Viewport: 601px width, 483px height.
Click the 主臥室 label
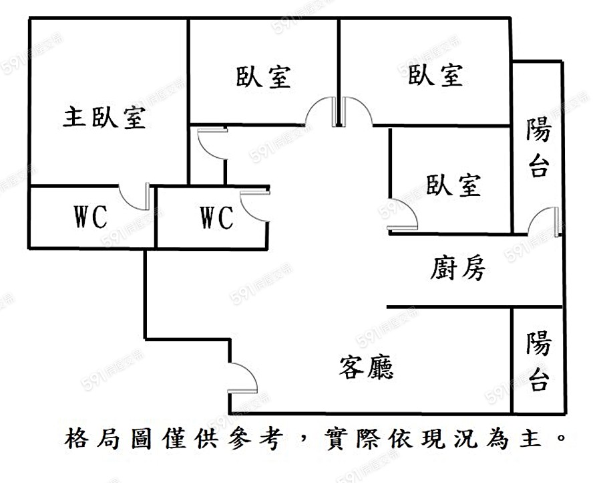tap(105, 118)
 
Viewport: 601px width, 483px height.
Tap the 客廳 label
tap(366, 367)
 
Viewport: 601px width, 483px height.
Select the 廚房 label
tap(457, 270)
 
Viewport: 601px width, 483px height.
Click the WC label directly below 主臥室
tap(90, 217)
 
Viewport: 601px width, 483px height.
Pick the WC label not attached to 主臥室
tap(216, 217)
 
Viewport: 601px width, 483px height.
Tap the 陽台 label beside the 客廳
tap(538, 361)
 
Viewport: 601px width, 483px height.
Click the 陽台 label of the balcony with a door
tap(538, 147)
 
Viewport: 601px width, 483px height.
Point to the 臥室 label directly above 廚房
tap(453, 185)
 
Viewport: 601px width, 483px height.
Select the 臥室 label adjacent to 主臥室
tap(263, 76)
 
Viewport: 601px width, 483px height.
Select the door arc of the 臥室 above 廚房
tap(404, 213)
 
